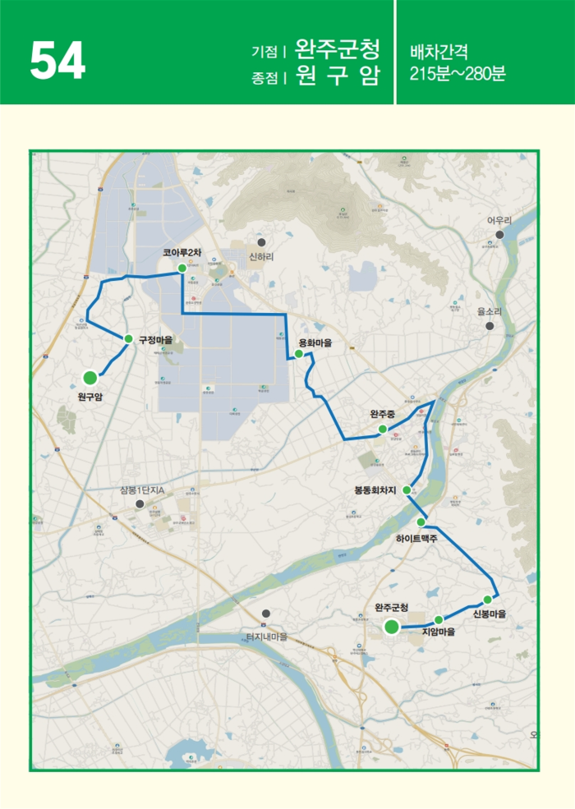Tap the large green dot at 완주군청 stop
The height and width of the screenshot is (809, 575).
pos(392,627)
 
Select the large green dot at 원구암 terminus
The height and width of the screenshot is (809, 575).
pos(90,378)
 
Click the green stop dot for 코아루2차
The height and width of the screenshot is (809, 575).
pos(182,268)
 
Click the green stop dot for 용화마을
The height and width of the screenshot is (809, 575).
pos(299,354)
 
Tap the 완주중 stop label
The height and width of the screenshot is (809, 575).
pos(383,414)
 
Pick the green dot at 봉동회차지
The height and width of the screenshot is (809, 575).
pos(407,490)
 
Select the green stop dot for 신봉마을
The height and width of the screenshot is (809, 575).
pos(487,600)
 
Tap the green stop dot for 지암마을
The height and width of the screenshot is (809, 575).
pos(439,619)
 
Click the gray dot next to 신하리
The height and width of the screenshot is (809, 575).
pos(261,242)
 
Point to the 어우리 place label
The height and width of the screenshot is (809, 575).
pos(499,221)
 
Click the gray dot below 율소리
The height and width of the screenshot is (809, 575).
pos(490,326)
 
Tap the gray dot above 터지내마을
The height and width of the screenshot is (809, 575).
pos(266,614)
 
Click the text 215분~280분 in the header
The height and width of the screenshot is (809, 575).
pos(458,72)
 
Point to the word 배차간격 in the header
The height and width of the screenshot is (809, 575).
pos(439,51)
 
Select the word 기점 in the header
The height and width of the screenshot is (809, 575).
pos(264,51)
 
